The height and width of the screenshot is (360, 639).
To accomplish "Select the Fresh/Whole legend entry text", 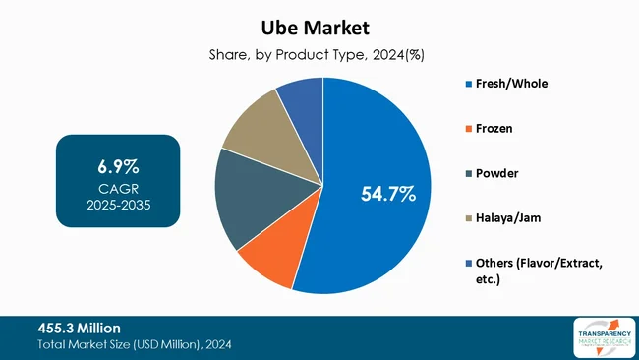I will tap(510, 83).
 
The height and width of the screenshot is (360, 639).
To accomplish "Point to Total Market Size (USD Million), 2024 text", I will tap(136, 345).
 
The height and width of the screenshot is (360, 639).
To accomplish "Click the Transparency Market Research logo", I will tap(596, 337).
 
